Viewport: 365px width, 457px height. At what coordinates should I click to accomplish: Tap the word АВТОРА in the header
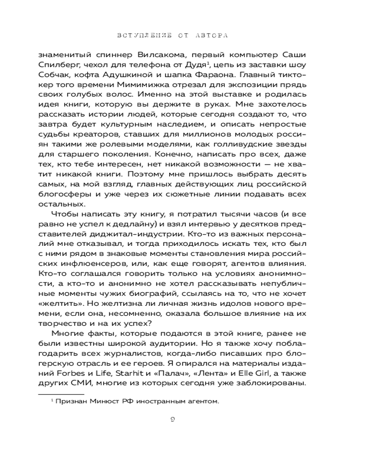209,35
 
